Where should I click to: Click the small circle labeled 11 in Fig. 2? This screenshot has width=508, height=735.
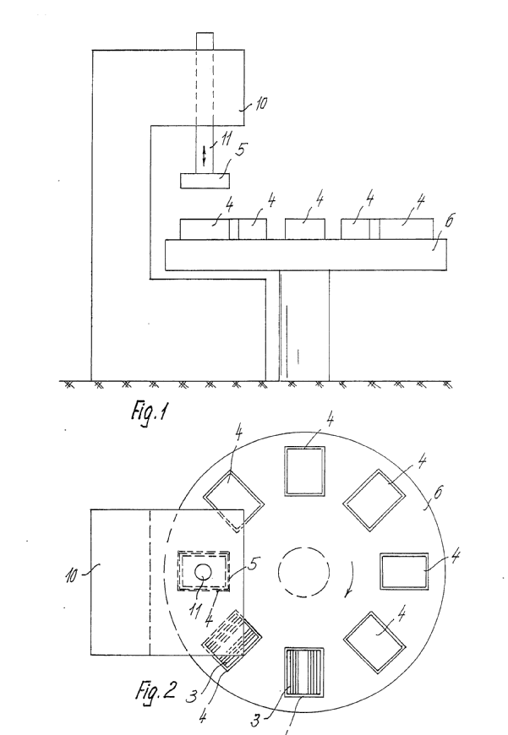[x=205, y=572]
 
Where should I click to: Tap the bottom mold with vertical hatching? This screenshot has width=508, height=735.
[x=305, y=672]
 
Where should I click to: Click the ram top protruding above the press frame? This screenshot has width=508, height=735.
[x=205, y=41]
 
